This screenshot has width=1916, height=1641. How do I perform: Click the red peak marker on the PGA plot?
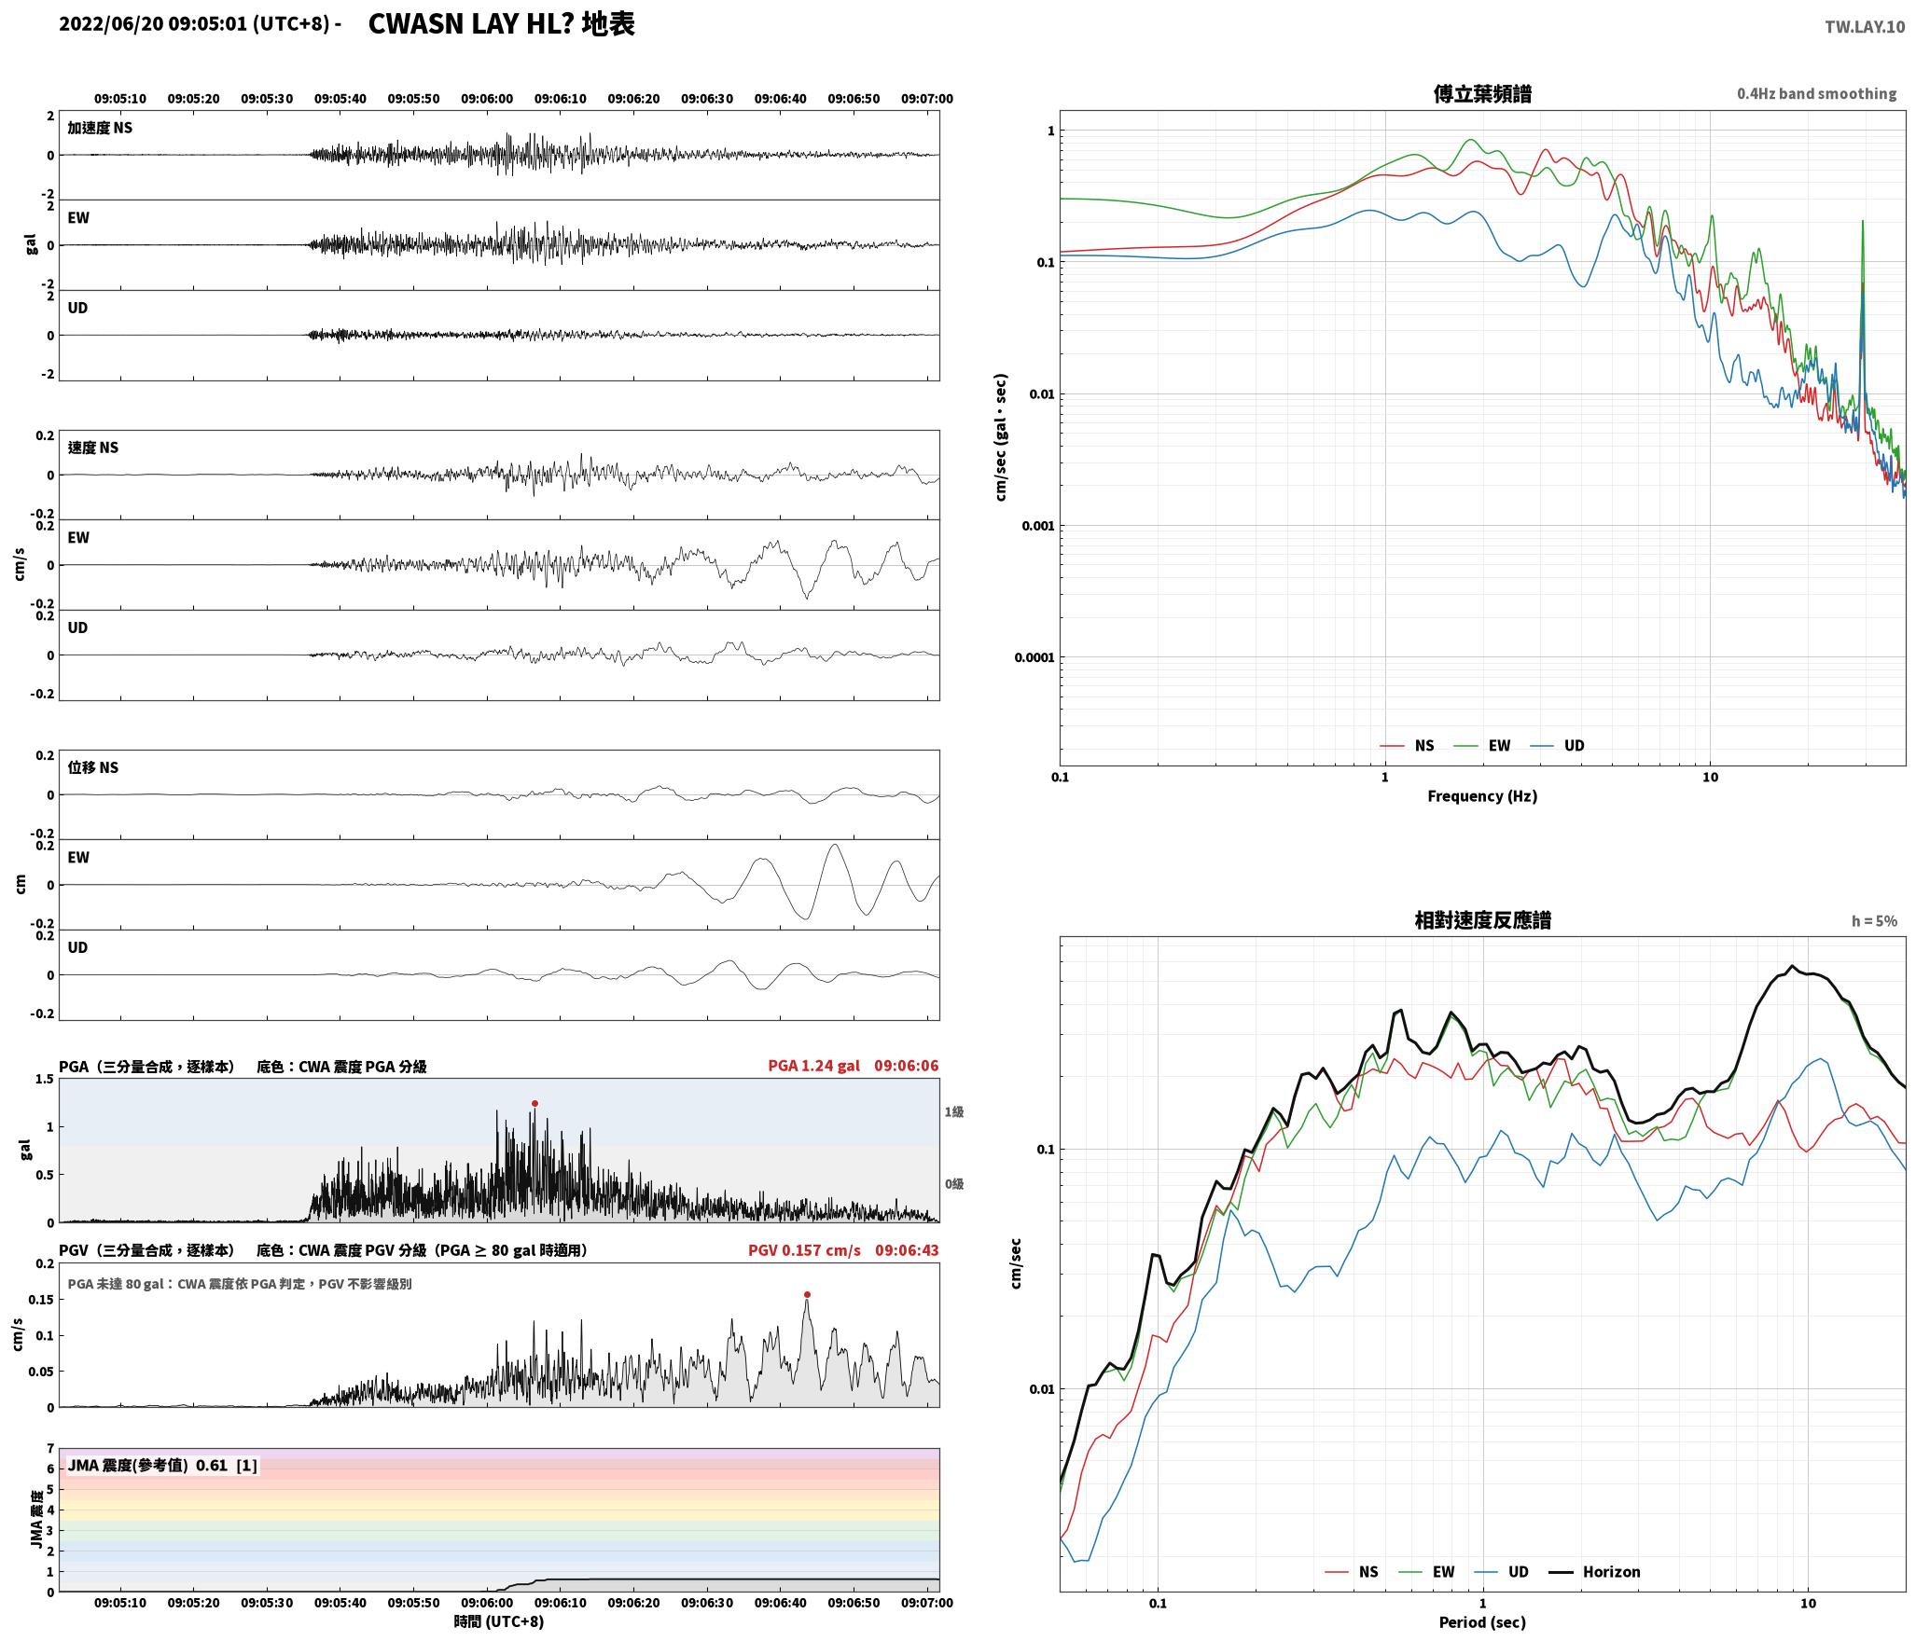535,1103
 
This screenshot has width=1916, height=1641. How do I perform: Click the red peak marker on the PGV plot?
807,1294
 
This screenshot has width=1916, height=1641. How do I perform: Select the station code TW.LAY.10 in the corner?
1865,27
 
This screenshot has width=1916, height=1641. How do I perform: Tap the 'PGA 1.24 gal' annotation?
813,1066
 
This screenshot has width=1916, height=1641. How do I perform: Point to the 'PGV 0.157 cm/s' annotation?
804,1250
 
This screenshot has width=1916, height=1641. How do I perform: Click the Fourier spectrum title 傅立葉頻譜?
1482,93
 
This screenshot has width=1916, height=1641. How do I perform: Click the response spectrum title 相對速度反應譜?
1482,920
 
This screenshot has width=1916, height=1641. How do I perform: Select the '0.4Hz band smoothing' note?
1816,94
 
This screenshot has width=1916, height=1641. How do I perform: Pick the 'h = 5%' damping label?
1874,921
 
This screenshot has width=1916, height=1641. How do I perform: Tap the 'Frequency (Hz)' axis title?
1482,796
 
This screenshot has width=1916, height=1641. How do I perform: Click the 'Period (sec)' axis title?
1482,1622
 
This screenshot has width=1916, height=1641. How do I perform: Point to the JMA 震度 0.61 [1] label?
162,1466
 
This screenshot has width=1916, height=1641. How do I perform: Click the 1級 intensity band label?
953,1112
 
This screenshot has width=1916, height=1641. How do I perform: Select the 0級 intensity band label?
953,1184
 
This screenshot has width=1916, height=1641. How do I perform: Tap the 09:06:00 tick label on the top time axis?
487,99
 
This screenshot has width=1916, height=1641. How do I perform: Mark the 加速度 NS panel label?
100,128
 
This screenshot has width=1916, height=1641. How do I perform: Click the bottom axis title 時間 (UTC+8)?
499,1622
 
